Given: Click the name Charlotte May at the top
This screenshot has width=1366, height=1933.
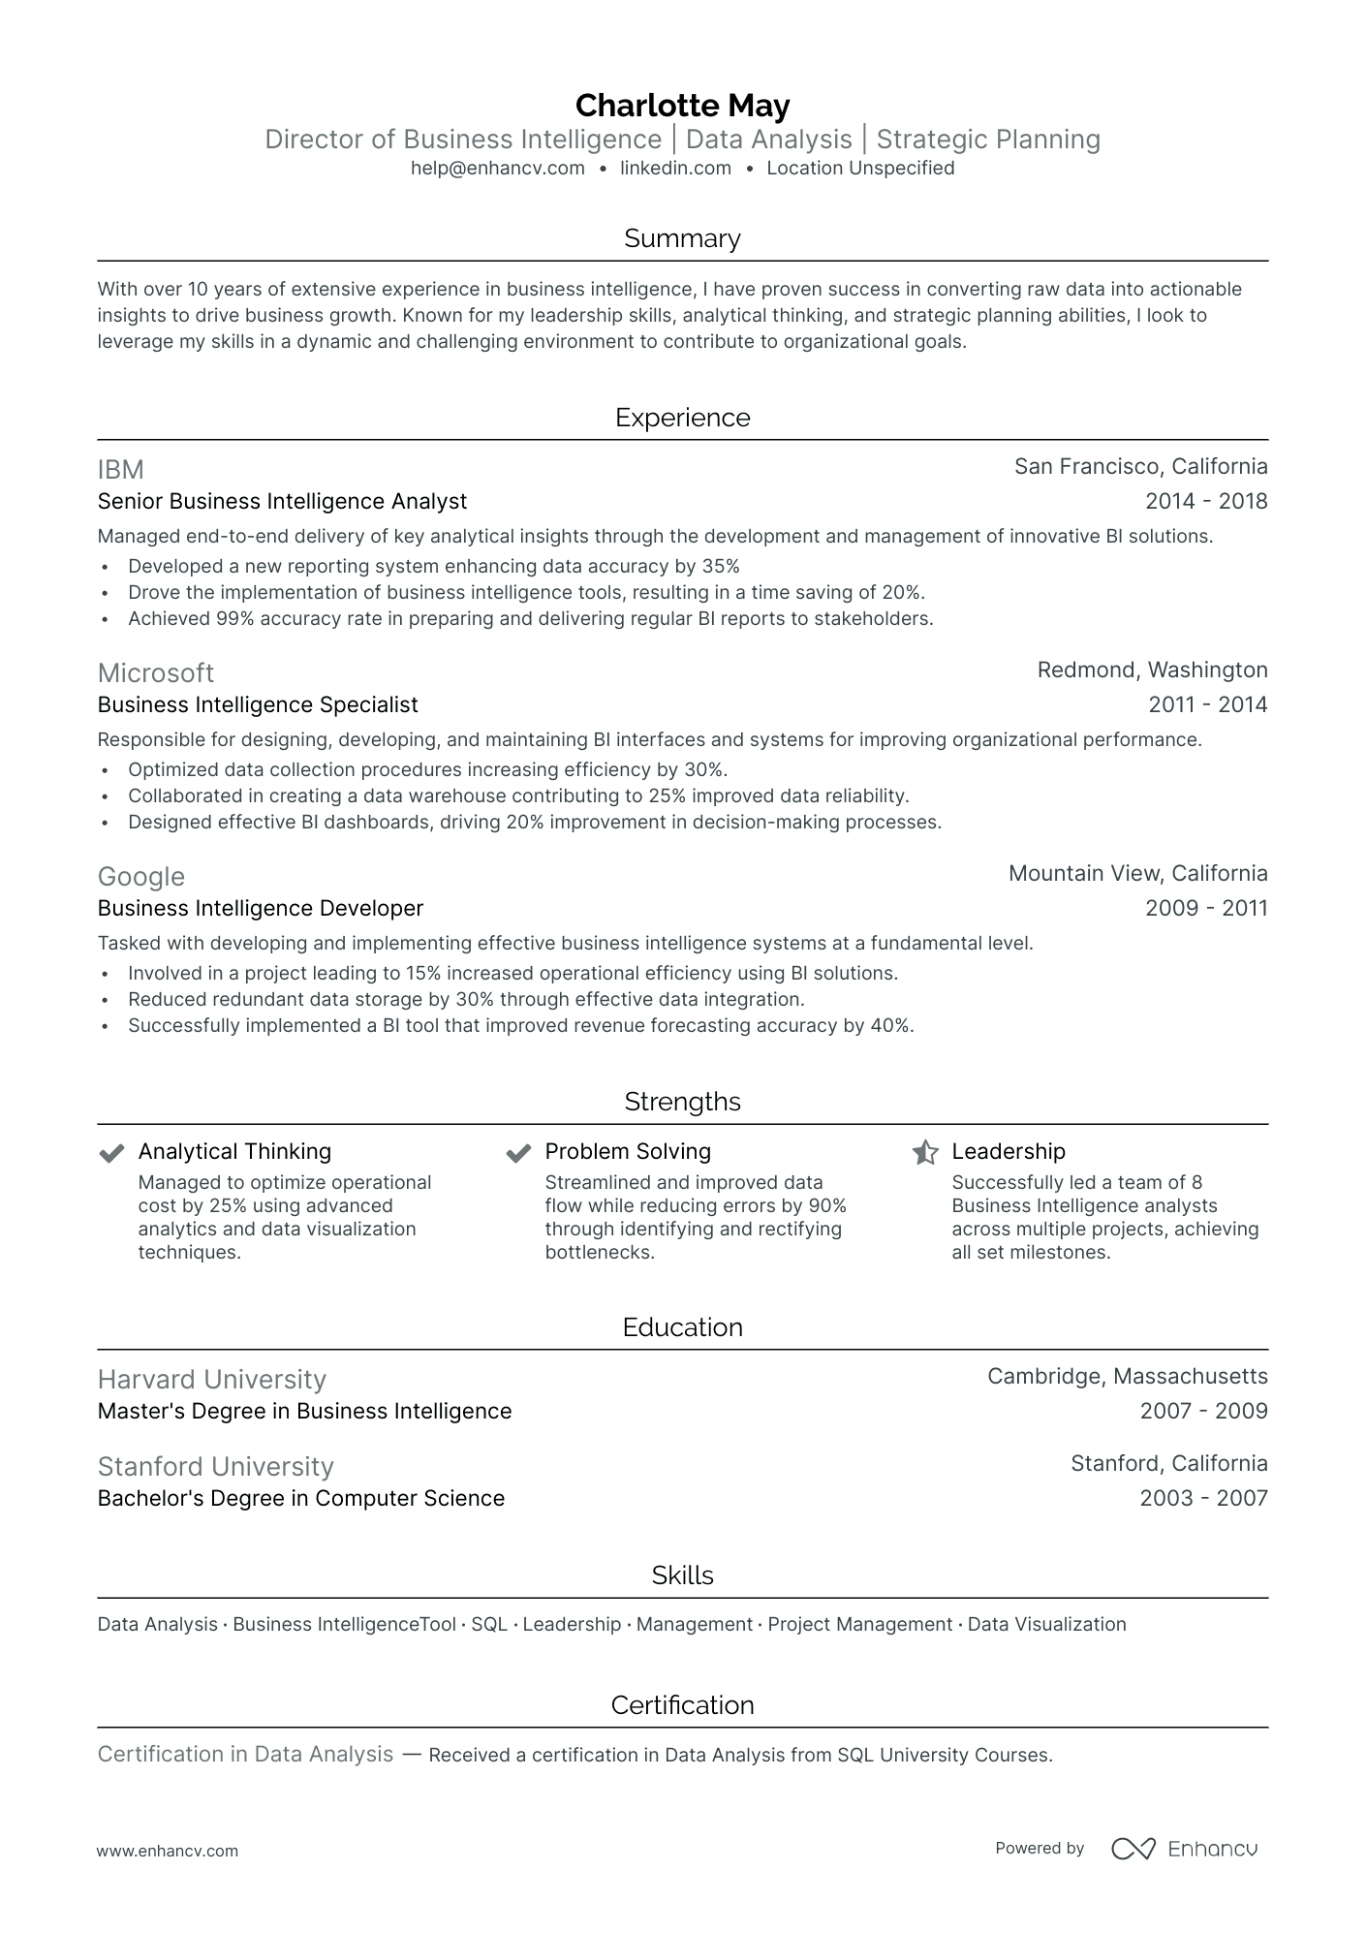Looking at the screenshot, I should click(682, 105).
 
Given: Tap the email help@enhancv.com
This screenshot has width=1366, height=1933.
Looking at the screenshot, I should click(497, 168).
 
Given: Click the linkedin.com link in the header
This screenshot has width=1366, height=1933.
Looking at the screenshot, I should click(675, 168).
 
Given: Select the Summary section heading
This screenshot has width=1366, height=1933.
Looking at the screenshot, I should click(682, 238).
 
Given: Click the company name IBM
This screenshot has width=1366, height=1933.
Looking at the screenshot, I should click(120, 470).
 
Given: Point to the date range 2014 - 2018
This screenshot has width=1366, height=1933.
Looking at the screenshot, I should click(1205, 501).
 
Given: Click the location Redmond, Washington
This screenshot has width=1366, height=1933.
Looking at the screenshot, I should click(1152, 670).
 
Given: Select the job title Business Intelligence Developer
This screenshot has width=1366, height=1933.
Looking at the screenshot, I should click(261, 908).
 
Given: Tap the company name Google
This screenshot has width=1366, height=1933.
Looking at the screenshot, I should click(140, 877).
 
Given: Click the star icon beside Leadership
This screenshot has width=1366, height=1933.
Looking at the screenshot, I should click(925, 1152).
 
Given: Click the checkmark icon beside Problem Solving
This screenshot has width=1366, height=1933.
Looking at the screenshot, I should click(518, 1152).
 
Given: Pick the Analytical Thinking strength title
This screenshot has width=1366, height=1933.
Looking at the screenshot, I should click(234, 1151).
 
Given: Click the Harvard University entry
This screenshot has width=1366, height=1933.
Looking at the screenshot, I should click(211, 1380).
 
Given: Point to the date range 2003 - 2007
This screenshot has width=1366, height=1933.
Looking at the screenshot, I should click(1203, 1498).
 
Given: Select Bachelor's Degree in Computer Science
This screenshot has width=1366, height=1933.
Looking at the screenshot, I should click(300, 1498).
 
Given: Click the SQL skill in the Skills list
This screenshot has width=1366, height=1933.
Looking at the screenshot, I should click(489, 1624).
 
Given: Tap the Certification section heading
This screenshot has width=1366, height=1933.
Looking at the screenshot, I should click(682, 1705).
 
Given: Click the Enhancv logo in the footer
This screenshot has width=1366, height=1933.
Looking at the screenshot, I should click(1184, 1849).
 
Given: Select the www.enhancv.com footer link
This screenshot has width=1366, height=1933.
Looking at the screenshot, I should click(167, 1851).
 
